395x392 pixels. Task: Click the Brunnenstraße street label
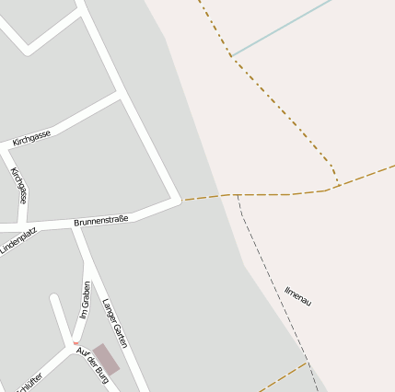101,221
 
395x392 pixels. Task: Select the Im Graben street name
84,300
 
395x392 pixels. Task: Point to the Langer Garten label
115,322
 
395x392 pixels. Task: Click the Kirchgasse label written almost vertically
18,185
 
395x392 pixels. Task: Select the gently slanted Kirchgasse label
32,138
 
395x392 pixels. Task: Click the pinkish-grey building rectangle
106,360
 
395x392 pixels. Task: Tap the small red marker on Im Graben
76,343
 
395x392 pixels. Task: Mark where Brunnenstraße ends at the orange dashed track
181,200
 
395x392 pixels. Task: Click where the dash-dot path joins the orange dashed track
337,186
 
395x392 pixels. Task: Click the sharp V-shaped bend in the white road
28,48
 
